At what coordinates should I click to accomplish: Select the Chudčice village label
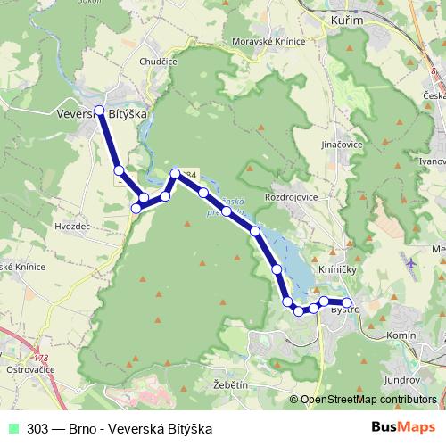pyautogui.click(x=158, y=62)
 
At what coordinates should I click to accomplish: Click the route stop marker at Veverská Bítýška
pyautogui.click(x=99, y=111)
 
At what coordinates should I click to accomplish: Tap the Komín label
pyautogui.click(x=402, y=334)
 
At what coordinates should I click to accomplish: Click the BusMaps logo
pyautogui.click(x=399, y=427)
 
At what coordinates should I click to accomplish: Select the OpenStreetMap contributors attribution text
pyautogui.click(x=368, y=400)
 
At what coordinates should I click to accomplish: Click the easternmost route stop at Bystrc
pyautogui.click(x=347, y=302)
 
